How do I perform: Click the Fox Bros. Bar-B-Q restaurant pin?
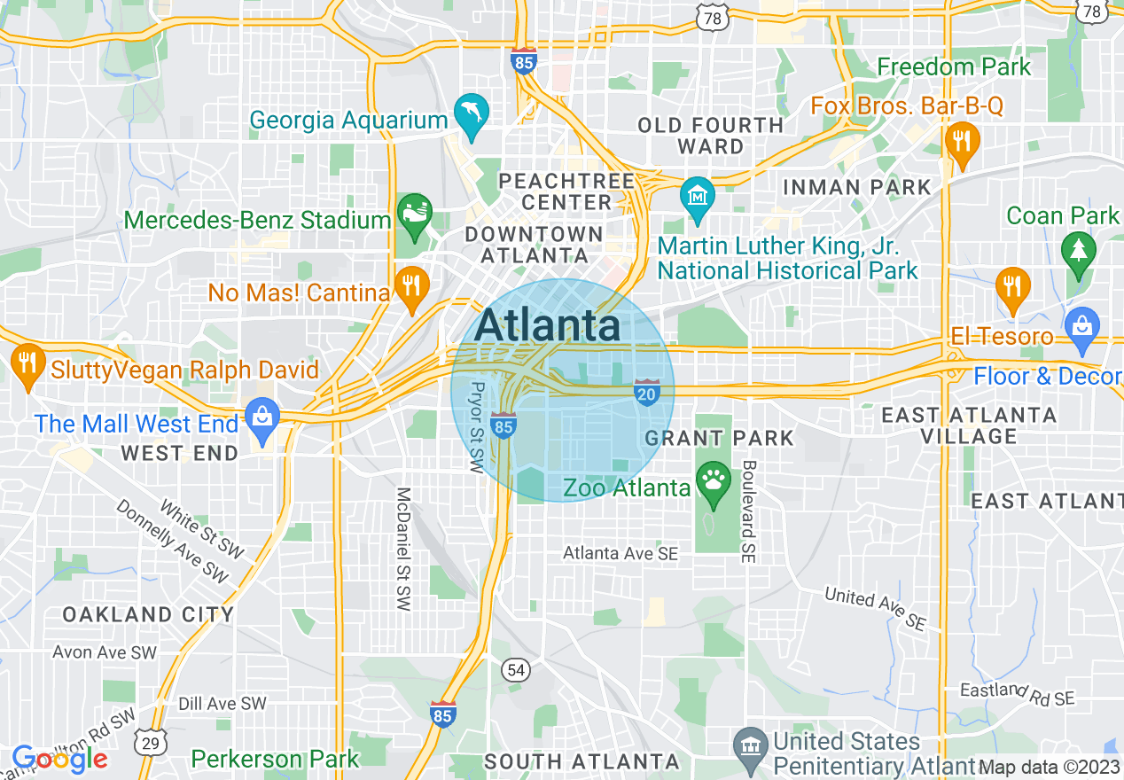coord(961,142)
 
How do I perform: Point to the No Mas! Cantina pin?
coord(410,285)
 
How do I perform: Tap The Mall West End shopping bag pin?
coord(262,417)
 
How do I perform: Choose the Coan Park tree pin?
coord(1078,252)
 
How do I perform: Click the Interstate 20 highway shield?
coord(647,393)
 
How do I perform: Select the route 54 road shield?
coord(516,669)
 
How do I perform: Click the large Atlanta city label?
coord(548,325)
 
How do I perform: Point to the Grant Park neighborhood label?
coord(720,438)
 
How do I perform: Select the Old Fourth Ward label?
coord(711,136)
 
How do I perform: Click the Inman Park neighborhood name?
coord(857,187)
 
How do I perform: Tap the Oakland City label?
coord(148,614)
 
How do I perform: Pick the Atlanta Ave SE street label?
coord(621,553)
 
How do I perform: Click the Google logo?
coord(59,759)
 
